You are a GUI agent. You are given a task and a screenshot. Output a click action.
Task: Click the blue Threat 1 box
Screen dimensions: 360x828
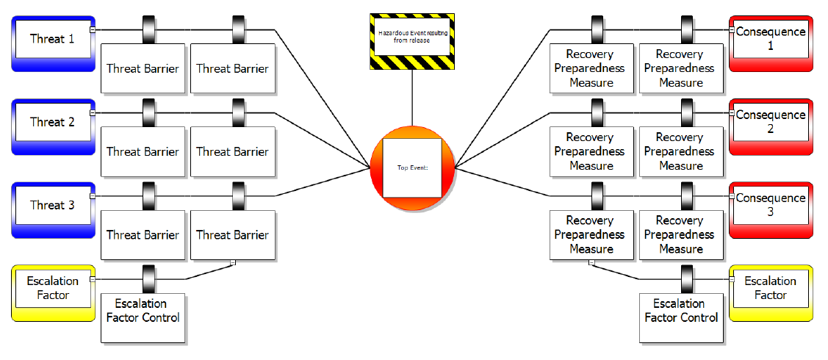tap(52, 40)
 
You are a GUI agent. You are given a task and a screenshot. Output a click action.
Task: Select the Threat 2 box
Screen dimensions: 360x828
tap(52, 123)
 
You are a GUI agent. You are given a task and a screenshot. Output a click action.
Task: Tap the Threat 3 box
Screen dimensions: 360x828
tap(52, 206)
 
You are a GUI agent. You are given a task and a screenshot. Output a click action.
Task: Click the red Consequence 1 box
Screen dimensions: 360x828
tap(771, 40)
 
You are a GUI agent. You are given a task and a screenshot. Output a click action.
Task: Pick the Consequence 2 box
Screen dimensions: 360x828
tap(771, 123)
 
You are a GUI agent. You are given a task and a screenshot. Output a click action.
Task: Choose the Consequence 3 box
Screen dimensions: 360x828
tap(771, 206)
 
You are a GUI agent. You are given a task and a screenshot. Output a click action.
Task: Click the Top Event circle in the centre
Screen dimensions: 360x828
tap(411, 168)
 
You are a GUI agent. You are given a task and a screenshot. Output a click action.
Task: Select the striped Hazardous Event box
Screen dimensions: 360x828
tap(411, 41)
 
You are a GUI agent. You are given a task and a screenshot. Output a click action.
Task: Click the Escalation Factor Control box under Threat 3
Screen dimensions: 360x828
tap(143, 317)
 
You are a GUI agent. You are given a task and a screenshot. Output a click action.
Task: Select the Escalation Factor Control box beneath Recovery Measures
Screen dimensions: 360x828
tap(681, 317)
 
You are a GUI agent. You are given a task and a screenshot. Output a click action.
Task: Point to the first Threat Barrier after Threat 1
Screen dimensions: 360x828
tap(143, 68)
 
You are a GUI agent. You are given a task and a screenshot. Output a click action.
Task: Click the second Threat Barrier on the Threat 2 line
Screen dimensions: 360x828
tap(232, 151)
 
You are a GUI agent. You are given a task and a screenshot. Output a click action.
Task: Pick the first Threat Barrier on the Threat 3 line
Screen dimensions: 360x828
tap(143, 235)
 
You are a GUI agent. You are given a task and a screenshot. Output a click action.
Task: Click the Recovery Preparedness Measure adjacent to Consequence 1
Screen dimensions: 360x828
tap(680, 68)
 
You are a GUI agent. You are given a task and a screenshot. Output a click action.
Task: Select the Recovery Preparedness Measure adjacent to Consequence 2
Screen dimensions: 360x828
tap(680, 151)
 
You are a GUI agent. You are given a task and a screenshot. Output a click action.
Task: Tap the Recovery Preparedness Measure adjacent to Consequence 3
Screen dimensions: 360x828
tap(680, 234)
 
